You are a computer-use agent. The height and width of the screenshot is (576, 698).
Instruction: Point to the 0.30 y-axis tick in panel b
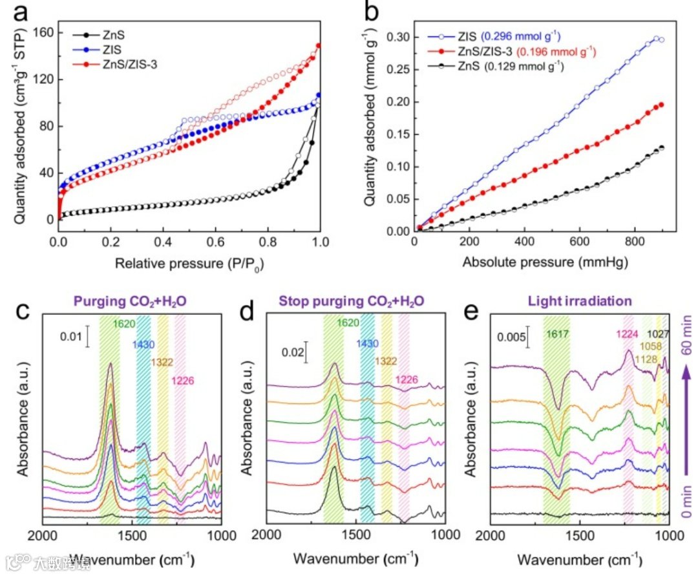[x=396, y=37]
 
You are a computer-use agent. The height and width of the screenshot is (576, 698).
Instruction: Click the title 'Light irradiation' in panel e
[x=580, y=301]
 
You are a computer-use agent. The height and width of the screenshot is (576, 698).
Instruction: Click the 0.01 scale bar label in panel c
[x=71, y=336]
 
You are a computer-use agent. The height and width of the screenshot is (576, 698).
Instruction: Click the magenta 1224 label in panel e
[x=627, y=334]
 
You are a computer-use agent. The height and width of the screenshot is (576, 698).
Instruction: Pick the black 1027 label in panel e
[x=658, y=334]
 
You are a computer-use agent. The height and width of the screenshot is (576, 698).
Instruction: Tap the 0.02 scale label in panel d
[x=293, y=352]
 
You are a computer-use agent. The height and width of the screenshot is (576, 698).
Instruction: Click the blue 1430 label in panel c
[x=143, y=344]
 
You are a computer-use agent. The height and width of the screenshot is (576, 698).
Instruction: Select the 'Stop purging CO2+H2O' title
[x=352, y=301]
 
